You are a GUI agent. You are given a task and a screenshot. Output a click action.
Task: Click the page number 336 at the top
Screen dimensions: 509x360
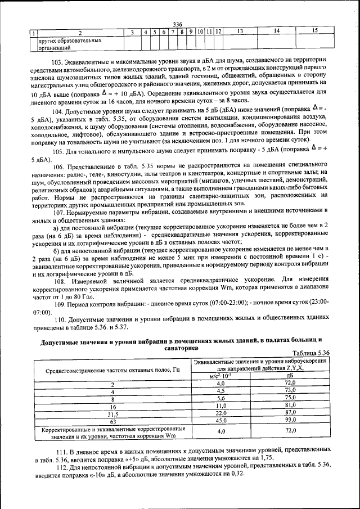[x=178, y=24]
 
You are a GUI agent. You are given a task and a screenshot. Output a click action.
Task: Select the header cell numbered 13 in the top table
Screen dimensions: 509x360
[x=240, y=31]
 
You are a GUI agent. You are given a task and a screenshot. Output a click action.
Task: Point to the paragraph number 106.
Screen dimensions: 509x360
[x=58, y=168]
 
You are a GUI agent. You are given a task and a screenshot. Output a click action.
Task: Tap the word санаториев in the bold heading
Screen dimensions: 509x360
[x=180, y=348]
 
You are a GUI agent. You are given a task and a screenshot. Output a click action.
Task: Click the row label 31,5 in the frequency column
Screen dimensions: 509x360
[x=112, y=413]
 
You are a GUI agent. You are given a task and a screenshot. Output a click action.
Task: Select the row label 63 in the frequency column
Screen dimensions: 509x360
[x=112, y=421]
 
